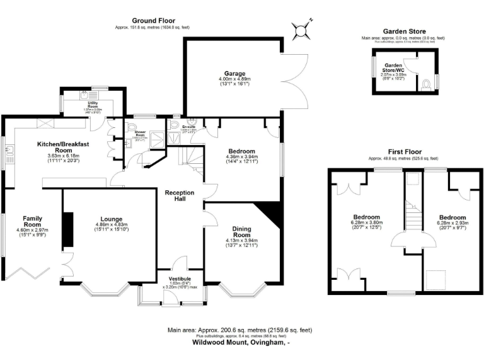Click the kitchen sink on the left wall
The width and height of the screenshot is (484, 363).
[9, 151]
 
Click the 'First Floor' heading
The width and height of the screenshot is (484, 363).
[404, 152]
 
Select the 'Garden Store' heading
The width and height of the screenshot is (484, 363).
[404, 32]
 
